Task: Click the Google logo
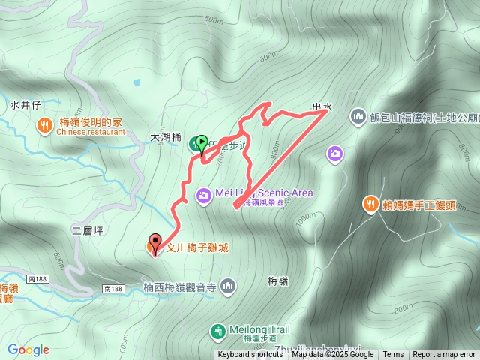click(x=28, y=349)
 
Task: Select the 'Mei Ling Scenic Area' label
click(x=263, y=193)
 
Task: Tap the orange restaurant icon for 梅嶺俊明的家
click(x=45, y=124)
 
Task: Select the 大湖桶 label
click(x=166, y=138)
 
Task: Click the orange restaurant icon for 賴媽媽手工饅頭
click(x=370, y=203)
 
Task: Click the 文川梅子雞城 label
click(x=197, y=246)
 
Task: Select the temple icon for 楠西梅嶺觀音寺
click(x=229, y=286)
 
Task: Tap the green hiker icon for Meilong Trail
click(x=217, y=330)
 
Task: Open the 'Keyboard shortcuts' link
click(x=250, y=355)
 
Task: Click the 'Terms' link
click(x=393, y=355)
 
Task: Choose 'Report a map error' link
click(x=444, y=355)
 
